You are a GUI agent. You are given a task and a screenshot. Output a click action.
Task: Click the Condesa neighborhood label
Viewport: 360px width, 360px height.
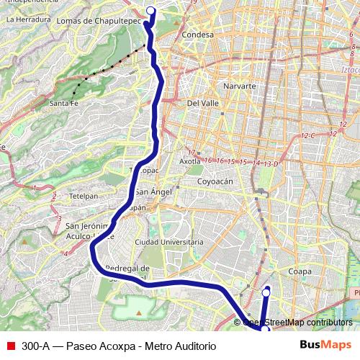[198, 35]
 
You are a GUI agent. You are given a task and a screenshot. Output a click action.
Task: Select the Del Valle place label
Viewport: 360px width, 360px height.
[202, 103]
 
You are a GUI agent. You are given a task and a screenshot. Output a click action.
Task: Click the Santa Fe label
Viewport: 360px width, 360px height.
[63, 104]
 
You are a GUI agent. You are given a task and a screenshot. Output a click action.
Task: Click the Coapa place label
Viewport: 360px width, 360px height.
[299, 271]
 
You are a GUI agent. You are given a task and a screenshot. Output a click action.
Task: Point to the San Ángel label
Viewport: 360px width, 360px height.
[153, 192]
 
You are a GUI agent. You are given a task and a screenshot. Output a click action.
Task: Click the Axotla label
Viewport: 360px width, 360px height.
[189, 162]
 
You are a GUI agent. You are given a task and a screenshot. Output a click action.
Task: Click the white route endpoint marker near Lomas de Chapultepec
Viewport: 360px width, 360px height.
[150, 10]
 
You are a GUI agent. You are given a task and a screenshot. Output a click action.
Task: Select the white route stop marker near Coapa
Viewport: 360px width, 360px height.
[266, 292]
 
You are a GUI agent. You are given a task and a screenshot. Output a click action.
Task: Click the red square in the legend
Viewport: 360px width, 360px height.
[10, 346]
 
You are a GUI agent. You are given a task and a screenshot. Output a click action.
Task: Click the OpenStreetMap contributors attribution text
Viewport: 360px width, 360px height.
[297, 323]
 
